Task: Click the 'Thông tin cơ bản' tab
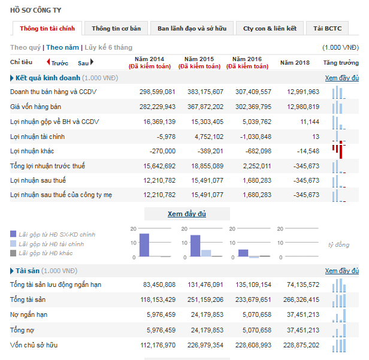[116, 28]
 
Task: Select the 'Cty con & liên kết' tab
[270, 28]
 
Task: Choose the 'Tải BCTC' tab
[326, 28]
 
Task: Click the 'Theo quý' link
[25, 47]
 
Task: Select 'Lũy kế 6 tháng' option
[108, 47]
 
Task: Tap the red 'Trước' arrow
[49, 62]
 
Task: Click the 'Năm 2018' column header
[295, 62]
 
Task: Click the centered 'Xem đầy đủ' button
[187, 214]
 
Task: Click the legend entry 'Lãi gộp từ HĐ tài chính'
[51, 244]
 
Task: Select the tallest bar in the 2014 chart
[144, 245]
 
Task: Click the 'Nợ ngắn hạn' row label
[29, 314]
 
